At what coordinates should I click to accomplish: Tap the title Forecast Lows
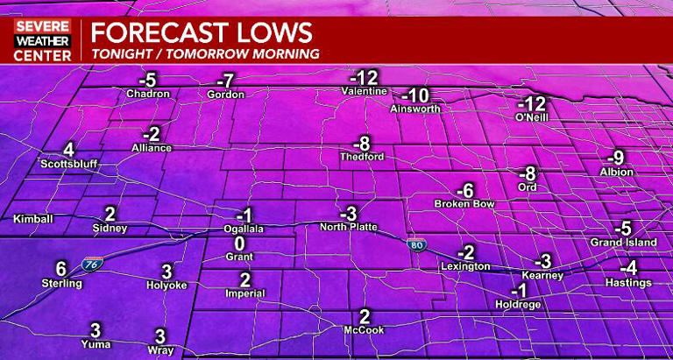(x=202, y=33)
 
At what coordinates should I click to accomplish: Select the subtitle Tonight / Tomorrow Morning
(x=205, y=53)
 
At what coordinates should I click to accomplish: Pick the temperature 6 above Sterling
(x=61, y=269)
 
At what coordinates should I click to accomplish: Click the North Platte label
(x=349, y=227)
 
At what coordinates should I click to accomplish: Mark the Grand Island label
(x=623, y=243)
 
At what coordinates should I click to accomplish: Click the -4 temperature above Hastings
(x=627, y=268)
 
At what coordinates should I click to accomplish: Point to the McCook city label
(x=365, y=330)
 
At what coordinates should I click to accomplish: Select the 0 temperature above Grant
(x=238, y=243)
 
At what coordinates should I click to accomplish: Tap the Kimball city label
(x=33, y=219)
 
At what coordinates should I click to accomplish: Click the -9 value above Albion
(x=617, y=158)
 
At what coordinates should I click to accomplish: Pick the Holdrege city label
(x=521, y=307)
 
